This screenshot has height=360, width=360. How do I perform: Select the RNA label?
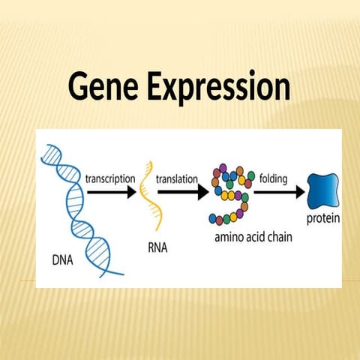coord(154,244)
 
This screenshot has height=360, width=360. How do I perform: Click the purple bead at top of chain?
coord(225,169)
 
